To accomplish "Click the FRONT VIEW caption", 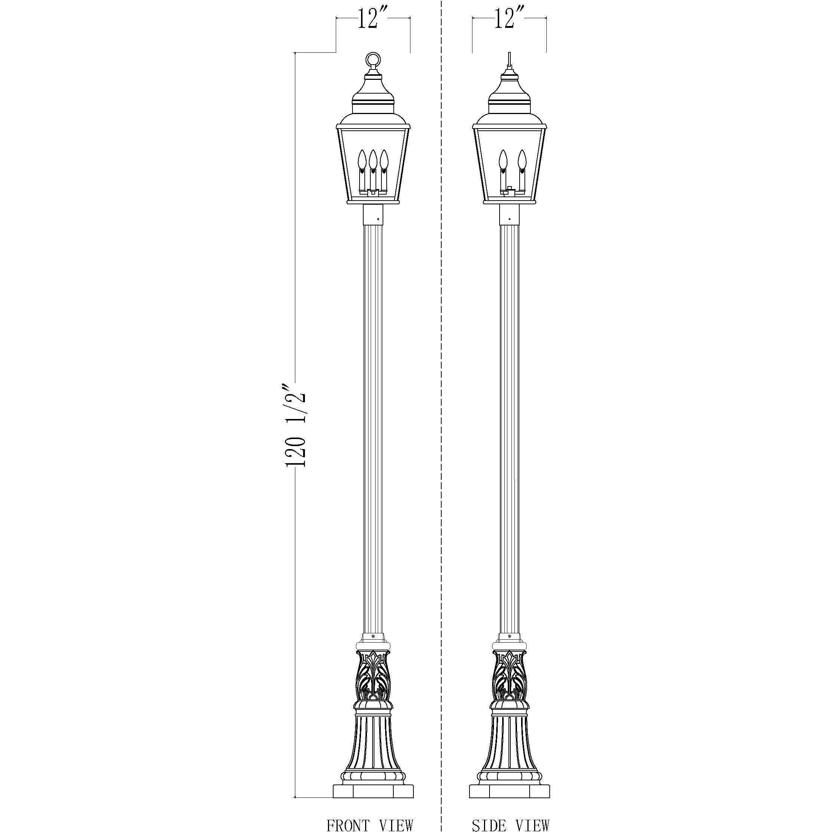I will pyautogui.click(x=370, y=823).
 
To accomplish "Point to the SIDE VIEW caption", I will pyautogui.click(x=510, y=823).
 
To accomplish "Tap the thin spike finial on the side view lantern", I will pyautogui.click(x=510, y=60).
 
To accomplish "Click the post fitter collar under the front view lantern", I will pyautogui.click(x=373, y=214).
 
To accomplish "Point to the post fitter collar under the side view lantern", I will pyautogui.click(x=510, y=214).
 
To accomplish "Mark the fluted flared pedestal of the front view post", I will pyautogui.click(x=373, y=749).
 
